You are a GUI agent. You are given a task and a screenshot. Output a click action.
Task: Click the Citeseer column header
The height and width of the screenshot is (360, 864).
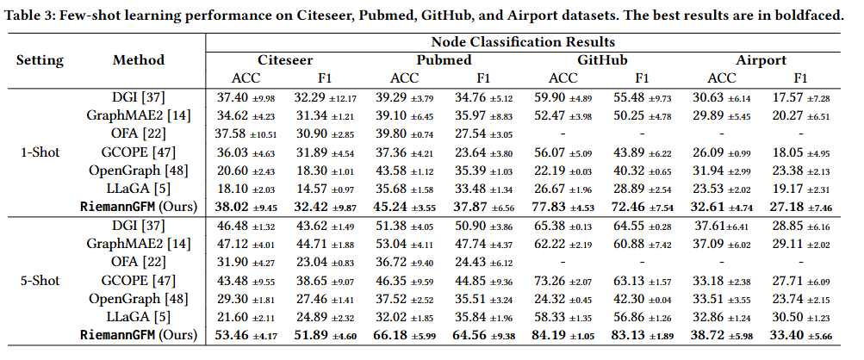pyautogui.click(x=286, y=60)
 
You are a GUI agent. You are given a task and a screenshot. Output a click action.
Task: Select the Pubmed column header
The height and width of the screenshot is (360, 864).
pyautogui.click(x=444, y=60)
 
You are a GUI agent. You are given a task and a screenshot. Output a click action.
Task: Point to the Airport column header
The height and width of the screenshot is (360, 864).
pyautogui.click(x=761, y=60)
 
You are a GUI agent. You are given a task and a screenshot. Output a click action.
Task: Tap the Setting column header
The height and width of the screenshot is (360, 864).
pyautogui.click(x=40, y=60)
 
